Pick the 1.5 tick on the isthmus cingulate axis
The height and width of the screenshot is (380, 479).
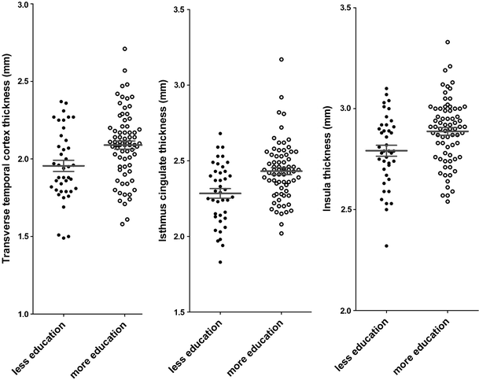coord(178,312)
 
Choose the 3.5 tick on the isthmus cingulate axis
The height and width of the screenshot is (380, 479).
coord(178,9)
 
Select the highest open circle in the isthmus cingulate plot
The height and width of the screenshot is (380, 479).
coord(281,59)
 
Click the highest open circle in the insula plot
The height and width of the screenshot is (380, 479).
coord(448,42)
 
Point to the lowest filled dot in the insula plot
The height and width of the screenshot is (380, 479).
coord(386,246)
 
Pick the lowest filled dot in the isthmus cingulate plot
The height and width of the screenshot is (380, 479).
coord(220,262)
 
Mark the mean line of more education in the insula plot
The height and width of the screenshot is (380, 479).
coord(448,131)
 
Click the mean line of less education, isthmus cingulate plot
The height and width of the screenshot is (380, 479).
coord(220,193)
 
